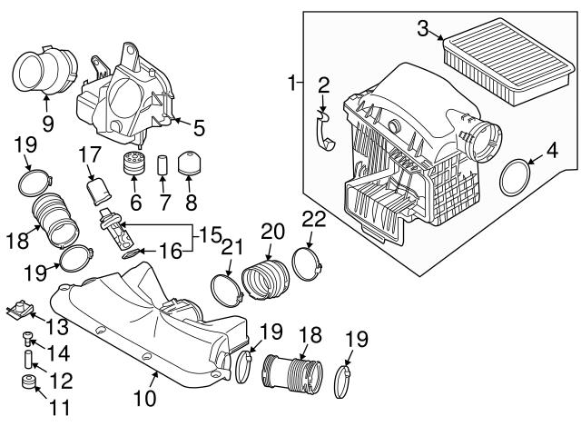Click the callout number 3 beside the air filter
click(x=423, y=28)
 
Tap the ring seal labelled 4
click(x=515, y=177)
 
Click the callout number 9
click(x=48, y=124)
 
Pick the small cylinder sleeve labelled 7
click(x=162, y=164)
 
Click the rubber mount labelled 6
click(x=133, y=163)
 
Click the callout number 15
click(x=210, y=234)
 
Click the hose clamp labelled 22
click(x=307, y=264)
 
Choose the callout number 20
click(x=272, y=231)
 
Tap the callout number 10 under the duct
click(x=145, y=399)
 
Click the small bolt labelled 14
click(x=27, y=339)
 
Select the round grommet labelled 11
click(x=28, y=381)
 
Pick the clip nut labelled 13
click(x=20, y=311)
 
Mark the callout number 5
click(x=199, y=128)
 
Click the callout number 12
click(x=61, y=381)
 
